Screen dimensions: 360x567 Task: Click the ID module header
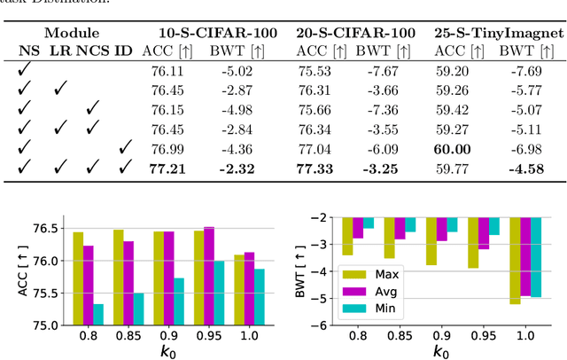pyautogui.click(x=124, y=51)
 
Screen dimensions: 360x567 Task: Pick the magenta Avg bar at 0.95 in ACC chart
pyautogui.click(x=208, y=277)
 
